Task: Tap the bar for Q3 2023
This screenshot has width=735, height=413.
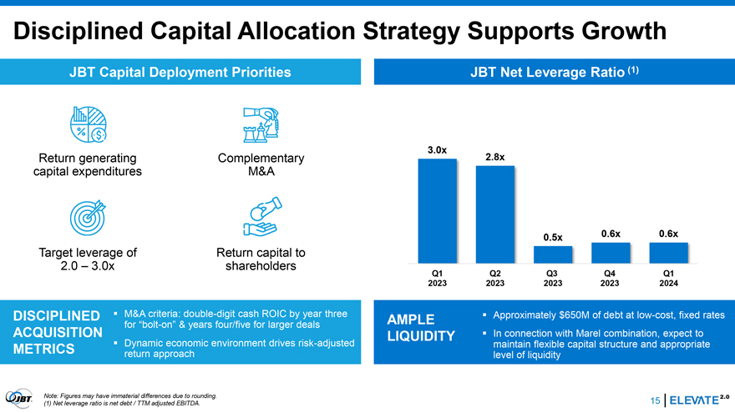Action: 552,254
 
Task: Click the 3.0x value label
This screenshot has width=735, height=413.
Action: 437,150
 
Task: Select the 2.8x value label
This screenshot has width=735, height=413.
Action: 494,157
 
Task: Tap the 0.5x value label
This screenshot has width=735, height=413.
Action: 552,238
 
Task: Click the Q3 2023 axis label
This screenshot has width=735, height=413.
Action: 552,278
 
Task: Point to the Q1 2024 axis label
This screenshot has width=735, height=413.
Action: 668,278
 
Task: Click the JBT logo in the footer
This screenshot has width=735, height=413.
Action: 19,398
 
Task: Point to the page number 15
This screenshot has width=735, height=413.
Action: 654,401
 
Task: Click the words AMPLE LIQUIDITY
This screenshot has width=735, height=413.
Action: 420,329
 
